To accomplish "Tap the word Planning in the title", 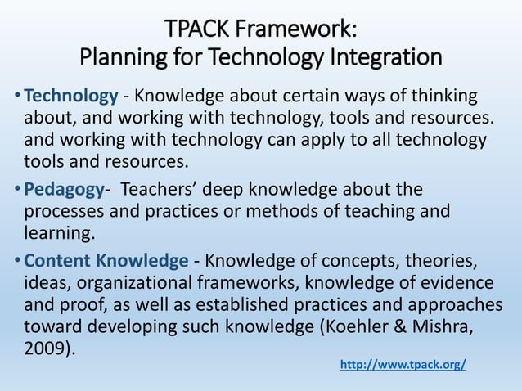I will click(x=115, y=59).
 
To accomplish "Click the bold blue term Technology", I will click(x=71, y=97).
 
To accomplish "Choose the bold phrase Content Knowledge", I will click(x=106, y=261).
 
